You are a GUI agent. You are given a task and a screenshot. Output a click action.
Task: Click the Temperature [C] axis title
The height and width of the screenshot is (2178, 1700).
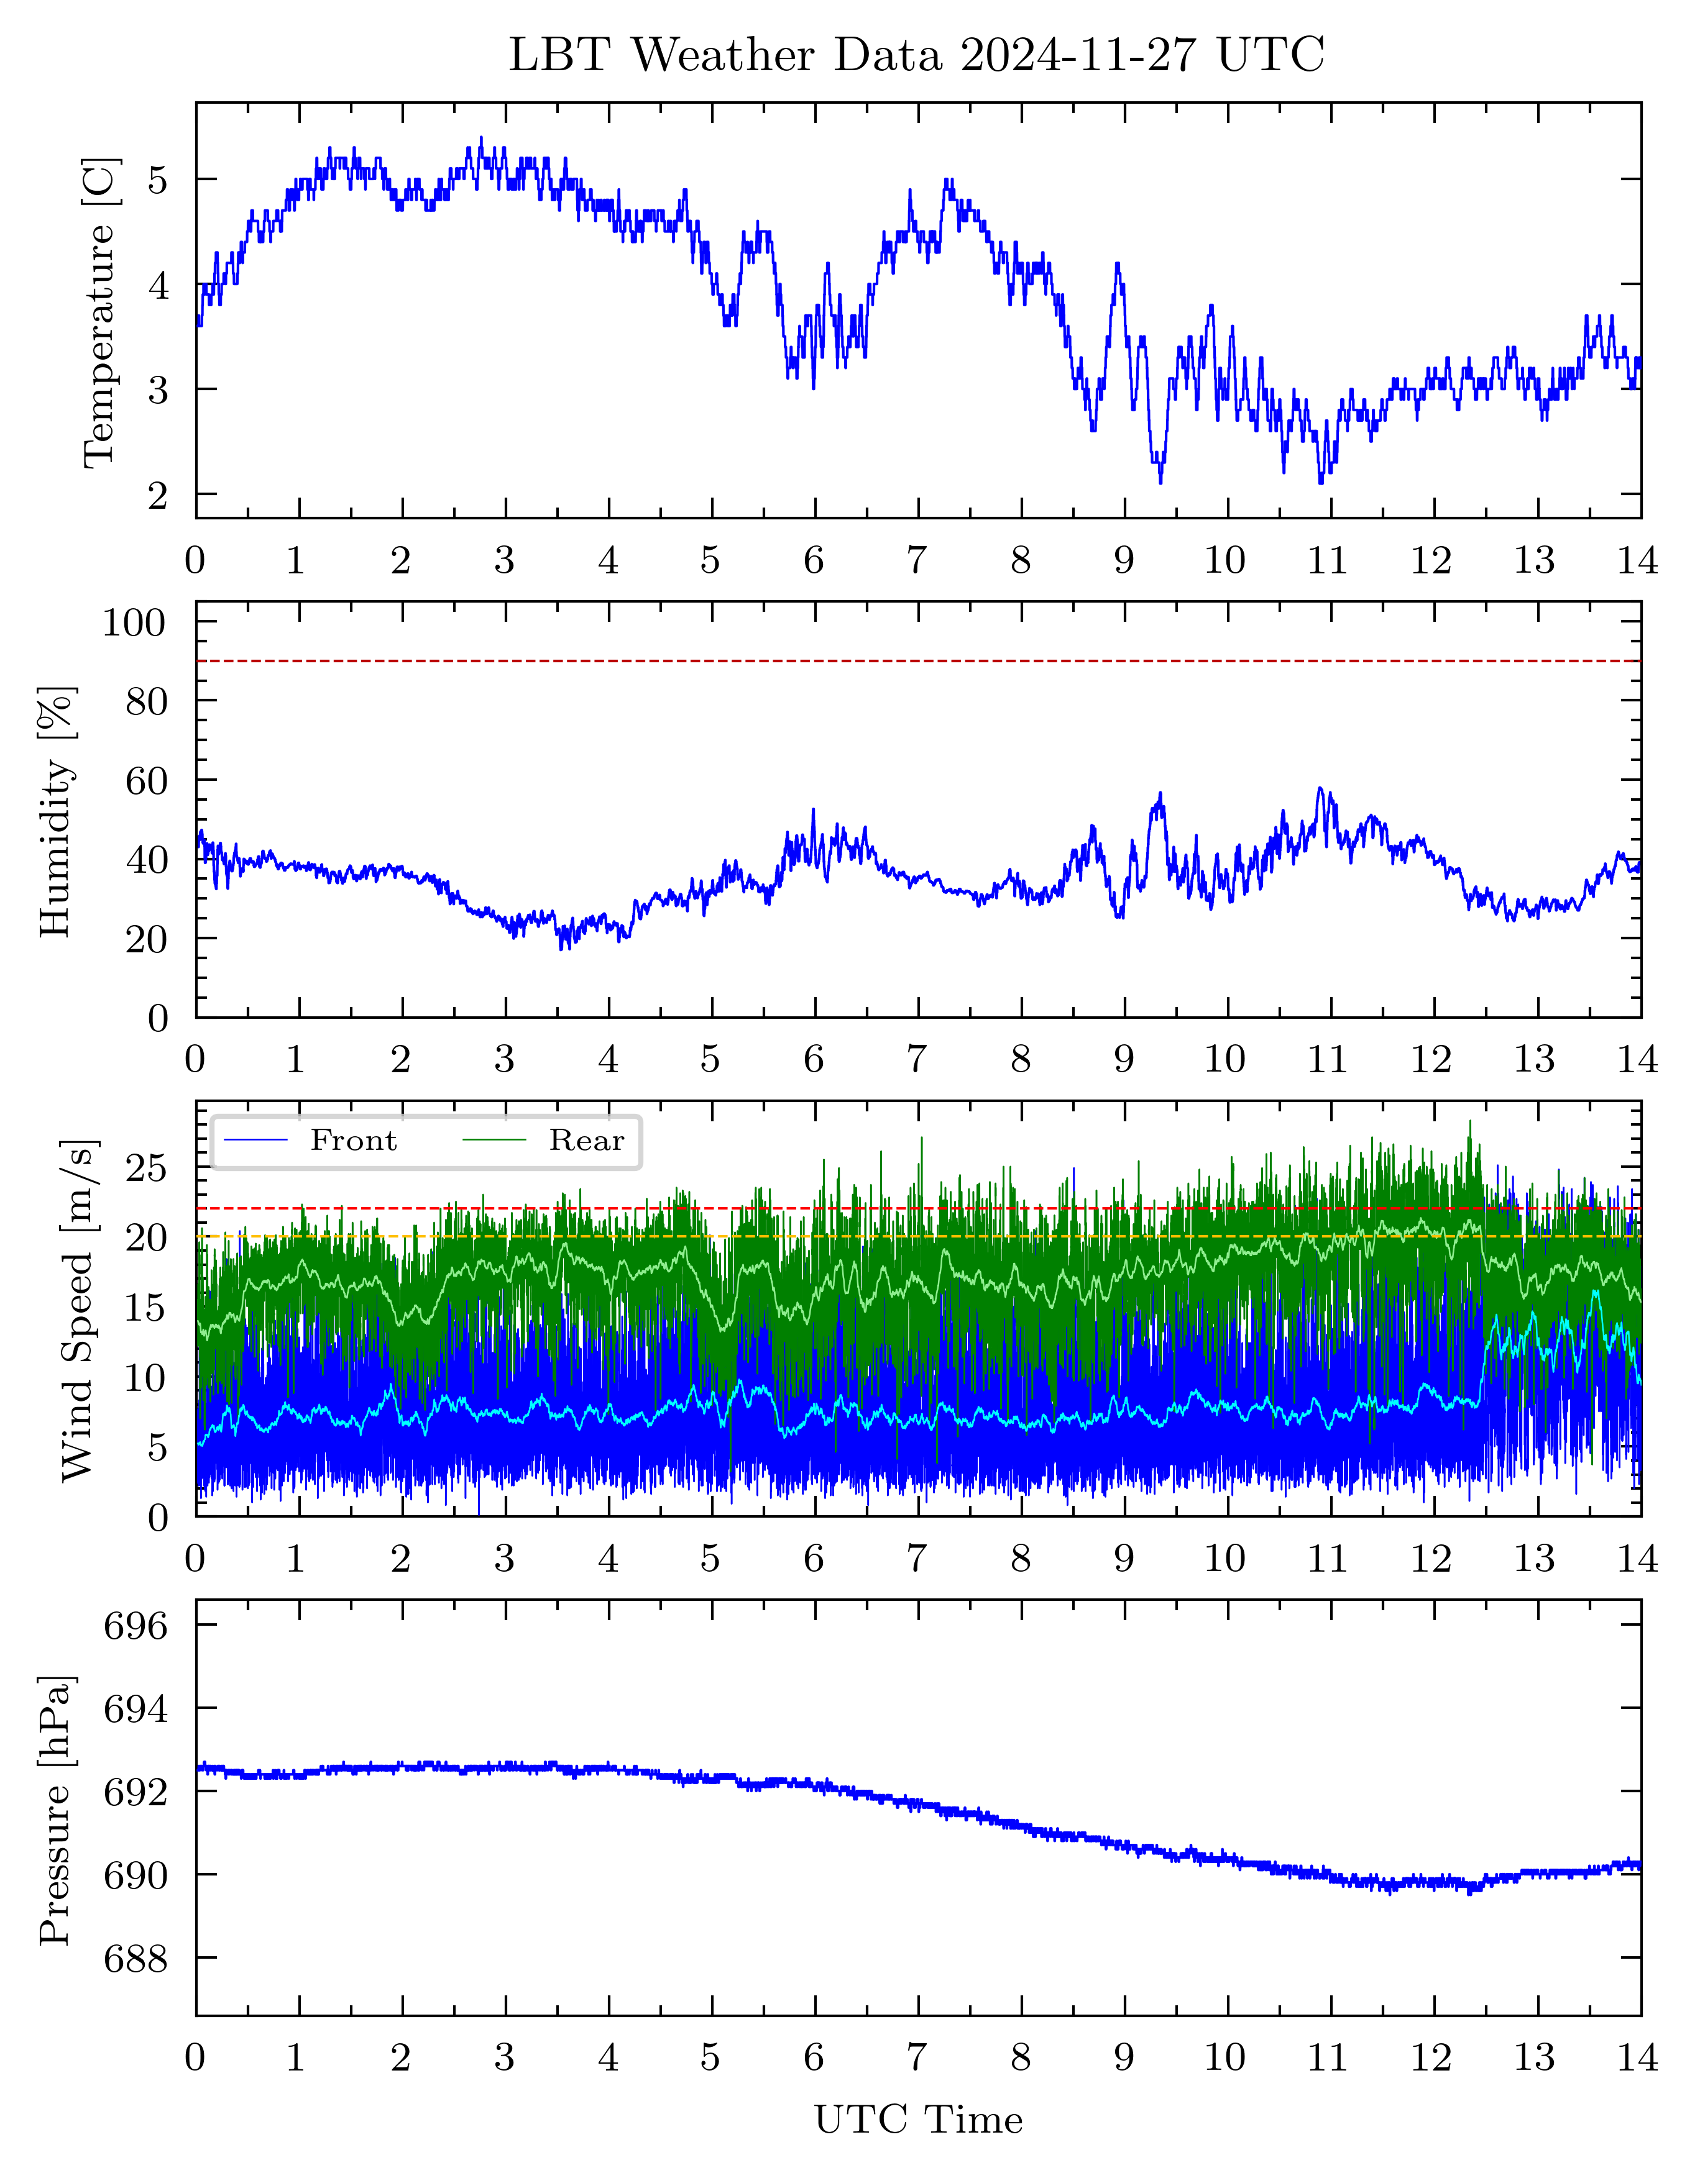coord(100,311)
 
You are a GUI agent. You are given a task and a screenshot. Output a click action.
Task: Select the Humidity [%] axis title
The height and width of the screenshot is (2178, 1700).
coord(57,811)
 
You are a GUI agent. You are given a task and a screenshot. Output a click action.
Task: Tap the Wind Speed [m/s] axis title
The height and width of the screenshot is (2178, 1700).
coord(78,1310)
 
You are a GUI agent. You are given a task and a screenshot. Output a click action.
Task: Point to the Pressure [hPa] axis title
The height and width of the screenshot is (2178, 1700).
coord(57,1810)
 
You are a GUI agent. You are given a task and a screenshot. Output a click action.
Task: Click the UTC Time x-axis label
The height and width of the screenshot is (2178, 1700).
coord(918,2120)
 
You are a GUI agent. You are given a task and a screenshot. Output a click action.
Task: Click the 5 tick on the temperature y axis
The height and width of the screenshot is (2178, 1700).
coord(158,181)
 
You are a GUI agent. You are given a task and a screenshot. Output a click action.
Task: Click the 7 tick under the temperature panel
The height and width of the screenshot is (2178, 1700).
coord(916,562)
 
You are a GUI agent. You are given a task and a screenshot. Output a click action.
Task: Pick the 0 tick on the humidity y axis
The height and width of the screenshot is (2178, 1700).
coord(158,1018)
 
